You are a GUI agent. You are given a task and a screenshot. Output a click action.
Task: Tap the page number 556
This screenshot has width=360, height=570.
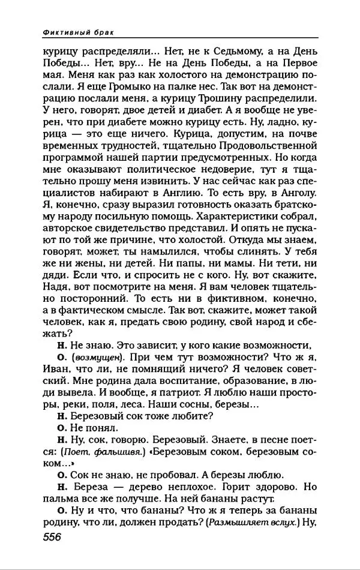click(53, 536)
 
